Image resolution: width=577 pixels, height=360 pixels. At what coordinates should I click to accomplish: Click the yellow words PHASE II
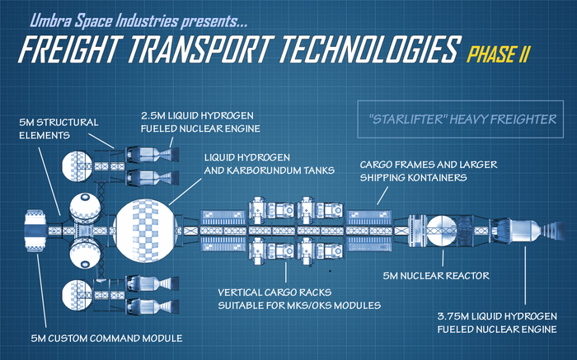click(499, 55)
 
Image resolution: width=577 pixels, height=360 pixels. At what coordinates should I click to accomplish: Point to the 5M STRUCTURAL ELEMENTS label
click(58, 129)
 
